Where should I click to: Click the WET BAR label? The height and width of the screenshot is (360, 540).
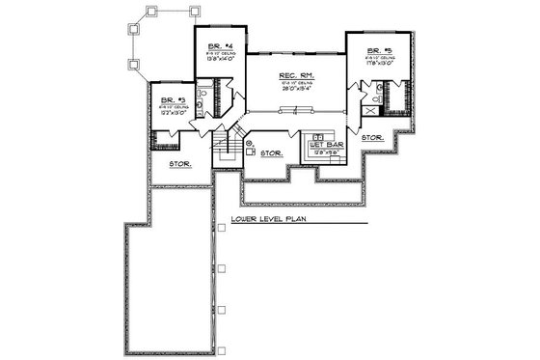[x=321, y=145]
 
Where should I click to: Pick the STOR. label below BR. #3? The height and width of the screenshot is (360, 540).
[x=179, y=163]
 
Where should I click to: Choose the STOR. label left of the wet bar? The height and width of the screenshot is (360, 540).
[x=271, y=152]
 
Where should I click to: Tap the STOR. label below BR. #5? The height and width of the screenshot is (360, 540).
[x=373, y=138]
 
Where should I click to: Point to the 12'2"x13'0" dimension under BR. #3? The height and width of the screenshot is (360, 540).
[x=171, y=112]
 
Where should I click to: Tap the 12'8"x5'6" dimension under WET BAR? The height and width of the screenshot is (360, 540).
[x=321, y=152]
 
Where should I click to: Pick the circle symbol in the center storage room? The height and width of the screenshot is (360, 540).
[x=249, y=144]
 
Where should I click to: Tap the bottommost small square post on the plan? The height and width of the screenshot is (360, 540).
[x=221, y=348]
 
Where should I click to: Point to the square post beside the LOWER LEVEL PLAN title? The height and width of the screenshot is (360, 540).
[x=221, y=226]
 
